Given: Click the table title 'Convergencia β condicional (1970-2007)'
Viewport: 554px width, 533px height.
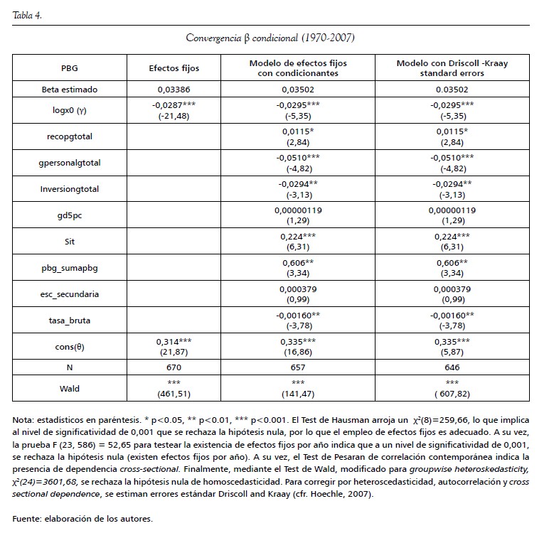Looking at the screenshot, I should click(271, 38).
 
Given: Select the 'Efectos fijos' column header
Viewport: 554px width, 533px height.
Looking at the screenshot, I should click(174, 68).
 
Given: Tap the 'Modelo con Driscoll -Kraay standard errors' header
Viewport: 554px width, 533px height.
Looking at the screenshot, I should click(452, 68).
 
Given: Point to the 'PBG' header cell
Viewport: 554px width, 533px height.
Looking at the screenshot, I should click(70, 68).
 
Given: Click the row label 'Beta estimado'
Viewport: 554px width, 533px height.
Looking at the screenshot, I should click(70, 90).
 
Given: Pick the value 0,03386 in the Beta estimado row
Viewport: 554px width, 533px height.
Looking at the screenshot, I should click(174, 90).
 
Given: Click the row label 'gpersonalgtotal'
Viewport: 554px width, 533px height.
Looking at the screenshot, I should click(70, 163).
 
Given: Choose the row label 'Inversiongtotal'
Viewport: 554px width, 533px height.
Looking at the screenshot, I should click(70, 188).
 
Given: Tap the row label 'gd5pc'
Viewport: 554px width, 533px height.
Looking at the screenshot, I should click(70, 215).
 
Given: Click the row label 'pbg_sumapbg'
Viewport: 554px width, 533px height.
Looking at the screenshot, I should click(70, 267).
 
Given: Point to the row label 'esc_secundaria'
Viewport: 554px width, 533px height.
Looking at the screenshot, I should click(70, 293).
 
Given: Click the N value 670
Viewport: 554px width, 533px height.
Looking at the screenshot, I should click(174, 368).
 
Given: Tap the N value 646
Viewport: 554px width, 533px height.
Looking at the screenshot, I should click(452, 368).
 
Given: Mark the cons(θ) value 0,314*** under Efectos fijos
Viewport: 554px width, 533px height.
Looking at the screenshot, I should click(174, 341).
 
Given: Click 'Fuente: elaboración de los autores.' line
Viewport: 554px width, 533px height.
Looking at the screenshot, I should click(82, 519).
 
